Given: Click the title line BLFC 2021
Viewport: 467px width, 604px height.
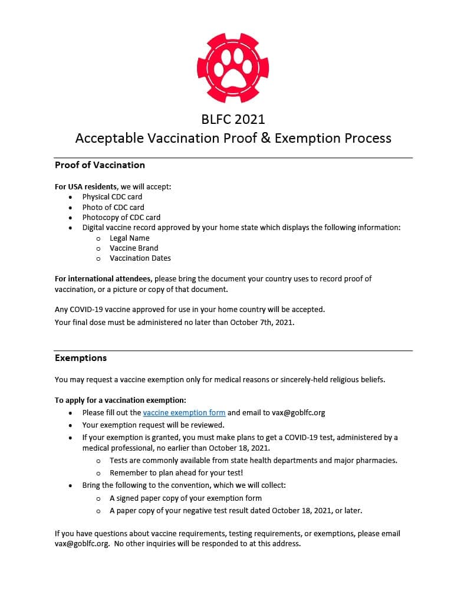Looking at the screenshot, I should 233,119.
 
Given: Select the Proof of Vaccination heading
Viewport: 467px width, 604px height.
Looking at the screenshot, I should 100,165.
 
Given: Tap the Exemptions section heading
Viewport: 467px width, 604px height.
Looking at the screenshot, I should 81,358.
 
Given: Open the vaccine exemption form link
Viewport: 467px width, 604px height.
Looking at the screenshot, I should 184,413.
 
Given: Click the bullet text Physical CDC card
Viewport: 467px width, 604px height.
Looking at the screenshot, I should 112,197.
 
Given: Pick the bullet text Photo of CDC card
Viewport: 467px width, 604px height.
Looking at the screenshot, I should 113,208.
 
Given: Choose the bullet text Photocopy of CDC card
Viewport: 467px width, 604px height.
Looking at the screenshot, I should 121,218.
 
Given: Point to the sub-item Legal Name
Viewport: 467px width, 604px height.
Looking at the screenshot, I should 130,238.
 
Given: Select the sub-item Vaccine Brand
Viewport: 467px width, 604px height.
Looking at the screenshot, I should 134,248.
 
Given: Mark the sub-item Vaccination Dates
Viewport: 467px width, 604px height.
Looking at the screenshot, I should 140,258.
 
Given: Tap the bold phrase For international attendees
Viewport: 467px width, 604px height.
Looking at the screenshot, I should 103,279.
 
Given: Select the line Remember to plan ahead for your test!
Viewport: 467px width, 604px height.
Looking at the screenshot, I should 176,473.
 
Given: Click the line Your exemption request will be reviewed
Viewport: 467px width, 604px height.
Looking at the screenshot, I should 153,425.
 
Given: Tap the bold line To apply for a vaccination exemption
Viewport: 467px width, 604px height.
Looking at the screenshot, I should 120,401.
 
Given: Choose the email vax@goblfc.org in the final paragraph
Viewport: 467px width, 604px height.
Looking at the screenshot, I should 82,544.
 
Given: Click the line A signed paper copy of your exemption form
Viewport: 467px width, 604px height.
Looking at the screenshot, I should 186,498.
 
